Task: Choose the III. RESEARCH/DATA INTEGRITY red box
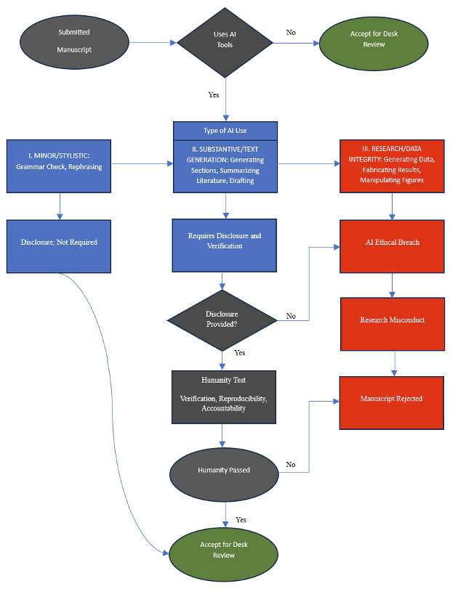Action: pyautogui.click(x=393, y=166)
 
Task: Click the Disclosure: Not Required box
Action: pyautogui.click(x=59, y=242)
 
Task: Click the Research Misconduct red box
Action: pyautogui.click(x=393, y=320)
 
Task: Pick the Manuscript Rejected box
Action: pyautogui.click(x=393, y=399)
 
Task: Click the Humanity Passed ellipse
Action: pyautogui.click(x=224, y=470)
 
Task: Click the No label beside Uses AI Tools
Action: pyautogui.click(x=291, y=32)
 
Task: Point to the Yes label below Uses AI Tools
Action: pyautogui.click(x=214, y=94)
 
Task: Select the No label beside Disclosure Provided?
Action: pyautogui.click(x=291, y=316)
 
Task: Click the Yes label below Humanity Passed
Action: pyautogui.click(x=240, y=519)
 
